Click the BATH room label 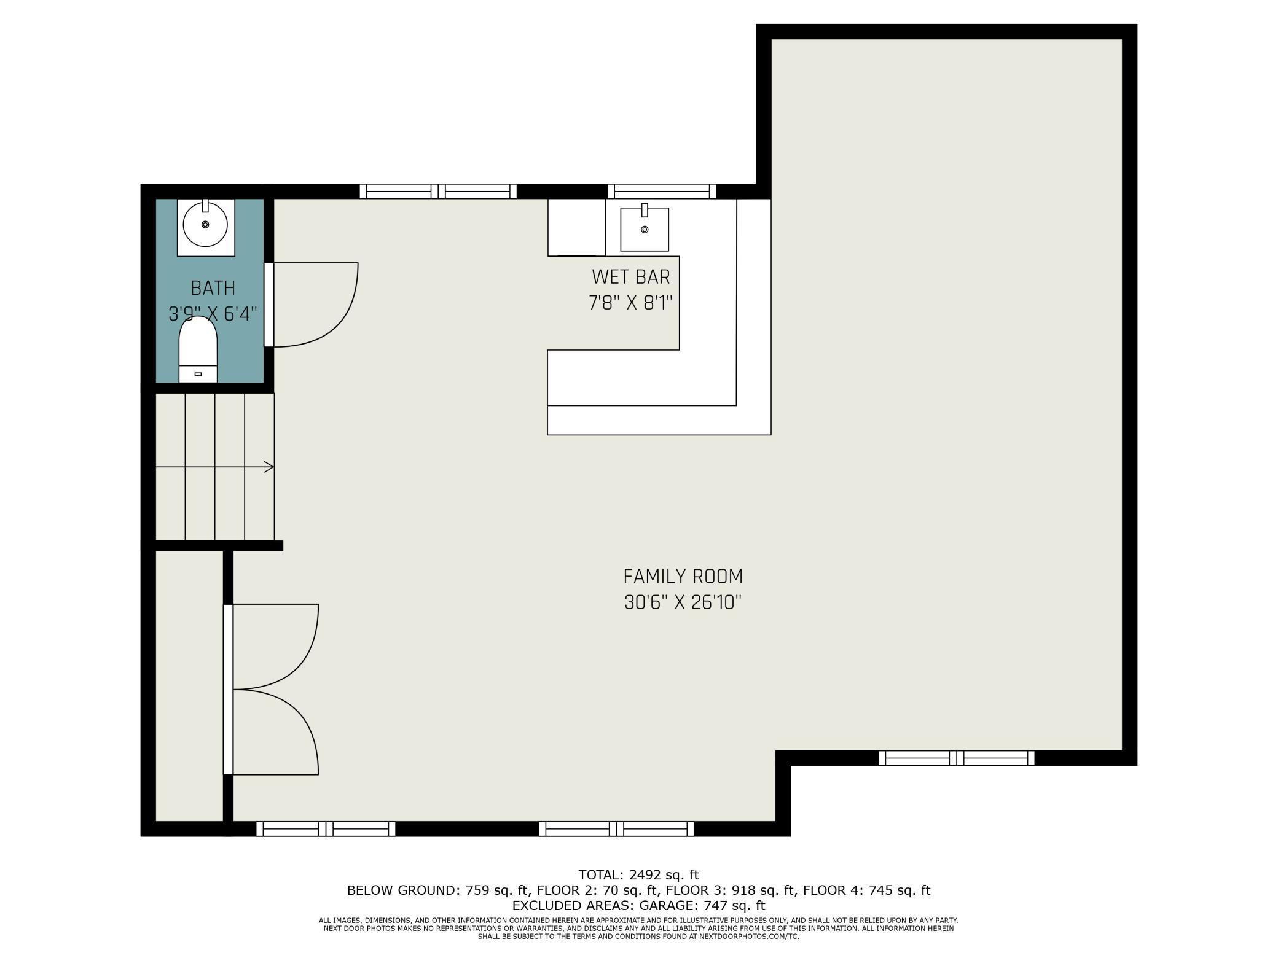click(213, 288)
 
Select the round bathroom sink click(205, 225)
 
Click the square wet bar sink click(644, 230)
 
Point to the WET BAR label click(630, 277)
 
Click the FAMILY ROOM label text click(683, 577)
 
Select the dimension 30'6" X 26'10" click(683, 603)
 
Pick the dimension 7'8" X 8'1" click(630, 303)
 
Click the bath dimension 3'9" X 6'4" click(213, 314)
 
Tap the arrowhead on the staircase click(269, 467)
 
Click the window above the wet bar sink click(662, 191)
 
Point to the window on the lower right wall click(956, 758)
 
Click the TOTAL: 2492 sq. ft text click(638, 874)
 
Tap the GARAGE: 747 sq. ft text click(702, 905)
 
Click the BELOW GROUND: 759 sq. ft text click(438, 890)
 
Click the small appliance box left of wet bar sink click(576, 227)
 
